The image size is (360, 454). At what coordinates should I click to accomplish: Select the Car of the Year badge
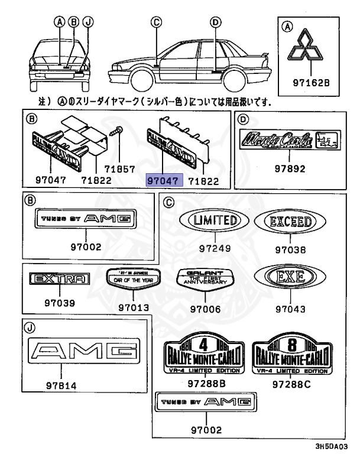[132, 278]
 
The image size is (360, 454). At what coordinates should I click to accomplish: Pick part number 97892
[290, 168]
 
